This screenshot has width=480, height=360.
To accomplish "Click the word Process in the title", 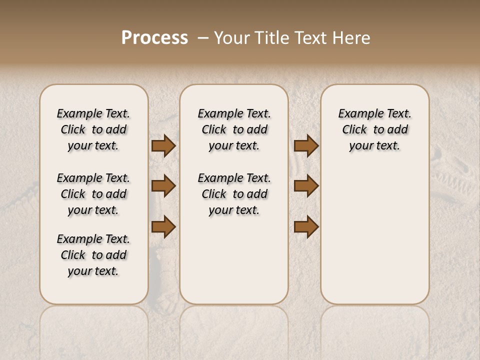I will coord(154,37).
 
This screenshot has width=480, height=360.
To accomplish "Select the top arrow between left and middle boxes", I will coord(163,146).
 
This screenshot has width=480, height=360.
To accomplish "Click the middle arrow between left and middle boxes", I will coord(163,186).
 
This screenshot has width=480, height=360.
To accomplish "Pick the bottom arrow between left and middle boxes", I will coord(163,226).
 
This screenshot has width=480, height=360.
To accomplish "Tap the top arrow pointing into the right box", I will coord(306,146).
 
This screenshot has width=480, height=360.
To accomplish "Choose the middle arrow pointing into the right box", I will coord(306,186).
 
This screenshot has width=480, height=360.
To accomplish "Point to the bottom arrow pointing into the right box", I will coord(306,226).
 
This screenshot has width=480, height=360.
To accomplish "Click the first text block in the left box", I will coord(93,129).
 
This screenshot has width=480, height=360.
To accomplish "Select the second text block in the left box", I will coord(93,194).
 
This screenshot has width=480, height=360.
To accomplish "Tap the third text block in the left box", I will coord(93,255).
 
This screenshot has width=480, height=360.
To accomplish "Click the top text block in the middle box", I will coord(234,129).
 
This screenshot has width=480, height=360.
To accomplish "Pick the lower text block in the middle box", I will coord(234,194).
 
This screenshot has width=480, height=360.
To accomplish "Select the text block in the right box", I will coord(374,129).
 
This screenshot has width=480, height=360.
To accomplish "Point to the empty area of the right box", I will coord(374,230).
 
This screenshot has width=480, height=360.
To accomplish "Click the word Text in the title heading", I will coord(310,37).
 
